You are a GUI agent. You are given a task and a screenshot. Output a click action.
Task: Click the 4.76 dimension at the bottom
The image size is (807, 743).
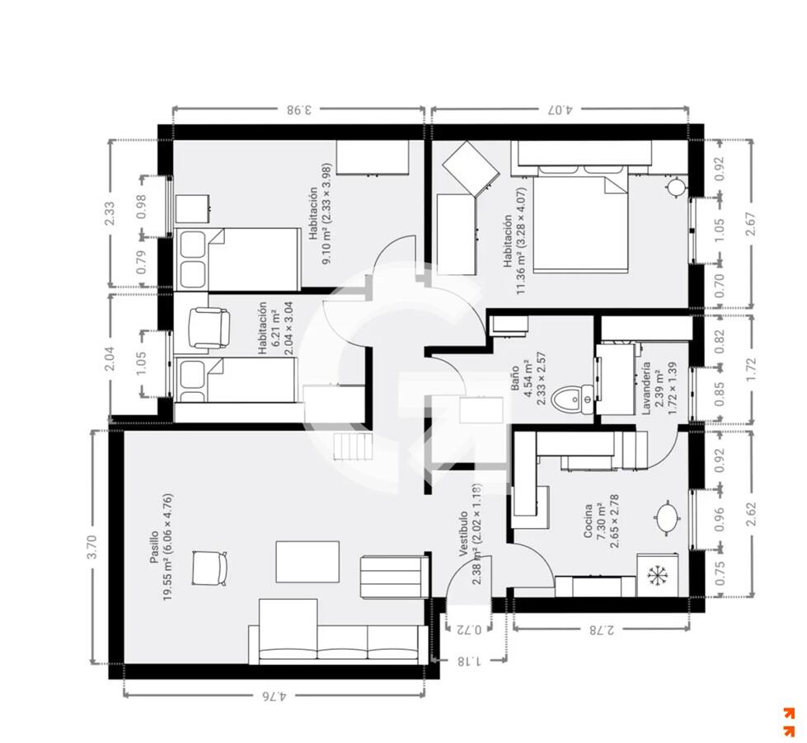point(274,697)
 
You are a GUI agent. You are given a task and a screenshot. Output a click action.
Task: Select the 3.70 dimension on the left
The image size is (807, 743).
point(93,547)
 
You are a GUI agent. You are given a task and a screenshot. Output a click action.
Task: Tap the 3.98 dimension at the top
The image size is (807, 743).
point(299,110)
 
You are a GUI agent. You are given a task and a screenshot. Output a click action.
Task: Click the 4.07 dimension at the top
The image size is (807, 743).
point(560,110)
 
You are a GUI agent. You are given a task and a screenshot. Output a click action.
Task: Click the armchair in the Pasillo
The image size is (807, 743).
point(209,568)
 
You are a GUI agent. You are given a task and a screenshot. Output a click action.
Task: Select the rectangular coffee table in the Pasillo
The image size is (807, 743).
point(307,562)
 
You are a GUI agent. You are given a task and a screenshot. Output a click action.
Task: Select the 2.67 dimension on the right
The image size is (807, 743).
point(751,224)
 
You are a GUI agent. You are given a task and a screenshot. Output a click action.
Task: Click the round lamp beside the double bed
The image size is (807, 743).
point(675,187)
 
